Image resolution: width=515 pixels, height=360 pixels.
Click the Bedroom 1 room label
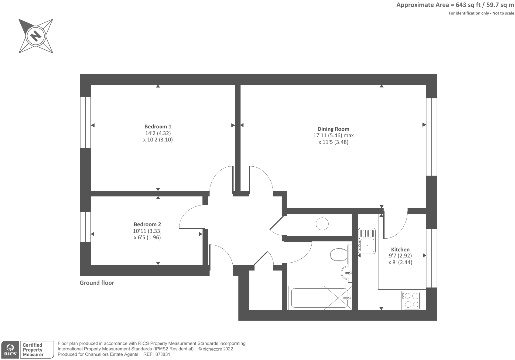click(158, 126)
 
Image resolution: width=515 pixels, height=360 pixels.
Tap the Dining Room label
click(333, 129)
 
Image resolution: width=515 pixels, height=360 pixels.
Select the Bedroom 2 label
click(147, 224)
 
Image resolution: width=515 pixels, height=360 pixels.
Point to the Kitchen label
click(400, 249)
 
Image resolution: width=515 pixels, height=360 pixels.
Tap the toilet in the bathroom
click(338, 255)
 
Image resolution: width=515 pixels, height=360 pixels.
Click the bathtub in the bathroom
click(320, 298)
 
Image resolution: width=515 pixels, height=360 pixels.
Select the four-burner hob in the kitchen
click(411, 300)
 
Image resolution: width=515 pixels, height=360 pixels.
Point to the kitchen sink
click(367, 241)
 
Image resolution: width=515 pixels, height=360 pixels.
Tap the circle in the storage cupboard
click(322, 224)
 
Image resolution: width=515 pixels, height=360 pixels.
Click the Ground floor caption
click(97, 283)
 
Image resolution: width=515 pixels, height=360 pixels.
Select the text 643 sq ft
click(465, 5)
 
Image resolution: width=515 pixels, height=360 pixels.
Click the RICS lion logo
click(10, 349)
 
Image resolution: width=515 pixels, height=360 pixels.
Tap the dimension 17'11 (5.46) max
click(333, 135)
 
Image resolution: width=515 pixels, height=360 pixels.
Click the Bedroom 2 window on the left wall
click(85, 227)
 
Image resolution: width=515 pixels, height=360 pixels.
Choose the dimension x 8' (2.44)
click(400, 262)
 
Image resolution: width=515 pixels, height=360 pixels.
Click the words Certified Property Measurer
click(33, 350)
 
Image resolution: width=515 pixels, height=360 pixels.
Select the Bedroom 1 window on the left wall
click(85, 122)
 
